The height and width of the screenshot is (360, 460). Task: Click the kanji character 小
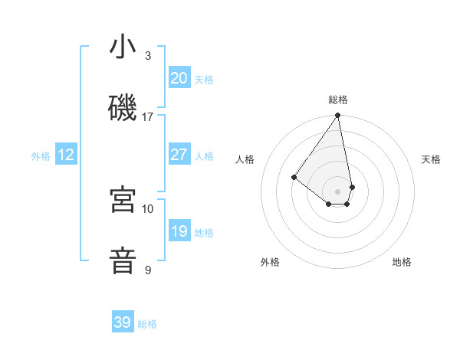pyautogui.click(x=123, y=47)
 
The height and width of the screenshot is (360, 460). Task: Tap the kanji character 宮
pyautogui.click(x=123, y=200)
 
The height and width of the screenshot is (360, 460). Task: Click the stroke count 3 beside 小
pyautogui.click(x=148, y=56)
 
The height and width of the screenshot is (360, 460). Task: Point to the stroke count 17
pyautogui.click(x=148, y=117)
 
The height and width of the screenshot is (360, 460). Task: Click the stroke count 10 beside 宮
pyautogui.click(x=148, y=208)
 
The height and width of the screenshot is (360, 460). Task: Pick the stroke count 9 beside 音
pyautogui.click(x=148, y=270)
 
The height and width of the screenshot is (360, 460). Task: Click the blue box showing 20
pyautogui.click(x=179, y=78)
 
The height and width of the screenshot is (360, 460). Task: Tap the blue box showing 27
pyautogui.click(x=179, y=155)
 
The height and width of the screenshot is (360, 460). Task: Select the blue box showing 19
pyautogui.click(x=179, y=231)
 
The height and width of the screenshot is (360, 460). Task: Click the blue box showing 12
pyautogui.click(x=66, y=155)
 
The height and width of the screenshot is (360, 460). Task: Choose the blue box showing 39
pyautogui.click(x=123, y=322)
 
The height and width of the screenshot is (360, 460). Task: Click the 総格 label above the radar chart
pyautogui.click(x=337, y=100)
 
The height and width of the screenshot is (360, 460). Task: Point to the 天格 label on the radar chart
pyautogui.click(x=431, y=159)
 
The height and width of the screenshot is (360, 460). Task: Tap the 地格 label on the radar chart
pyautogui.click(x=402, y=262)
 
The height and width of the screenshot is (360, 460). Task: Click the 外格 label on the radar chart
pyautogui.click(x=270, y=262)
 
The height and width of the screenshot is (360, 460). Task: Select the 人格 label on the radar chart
pyautogui.click(x=245, y=159)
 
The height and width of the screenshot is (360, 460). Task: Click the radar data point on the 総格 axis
pyautogui.click(x=337, y=116)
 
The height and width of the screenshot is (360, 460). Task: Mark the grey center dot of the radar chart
pyautogui.click(x=337, y=191)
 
